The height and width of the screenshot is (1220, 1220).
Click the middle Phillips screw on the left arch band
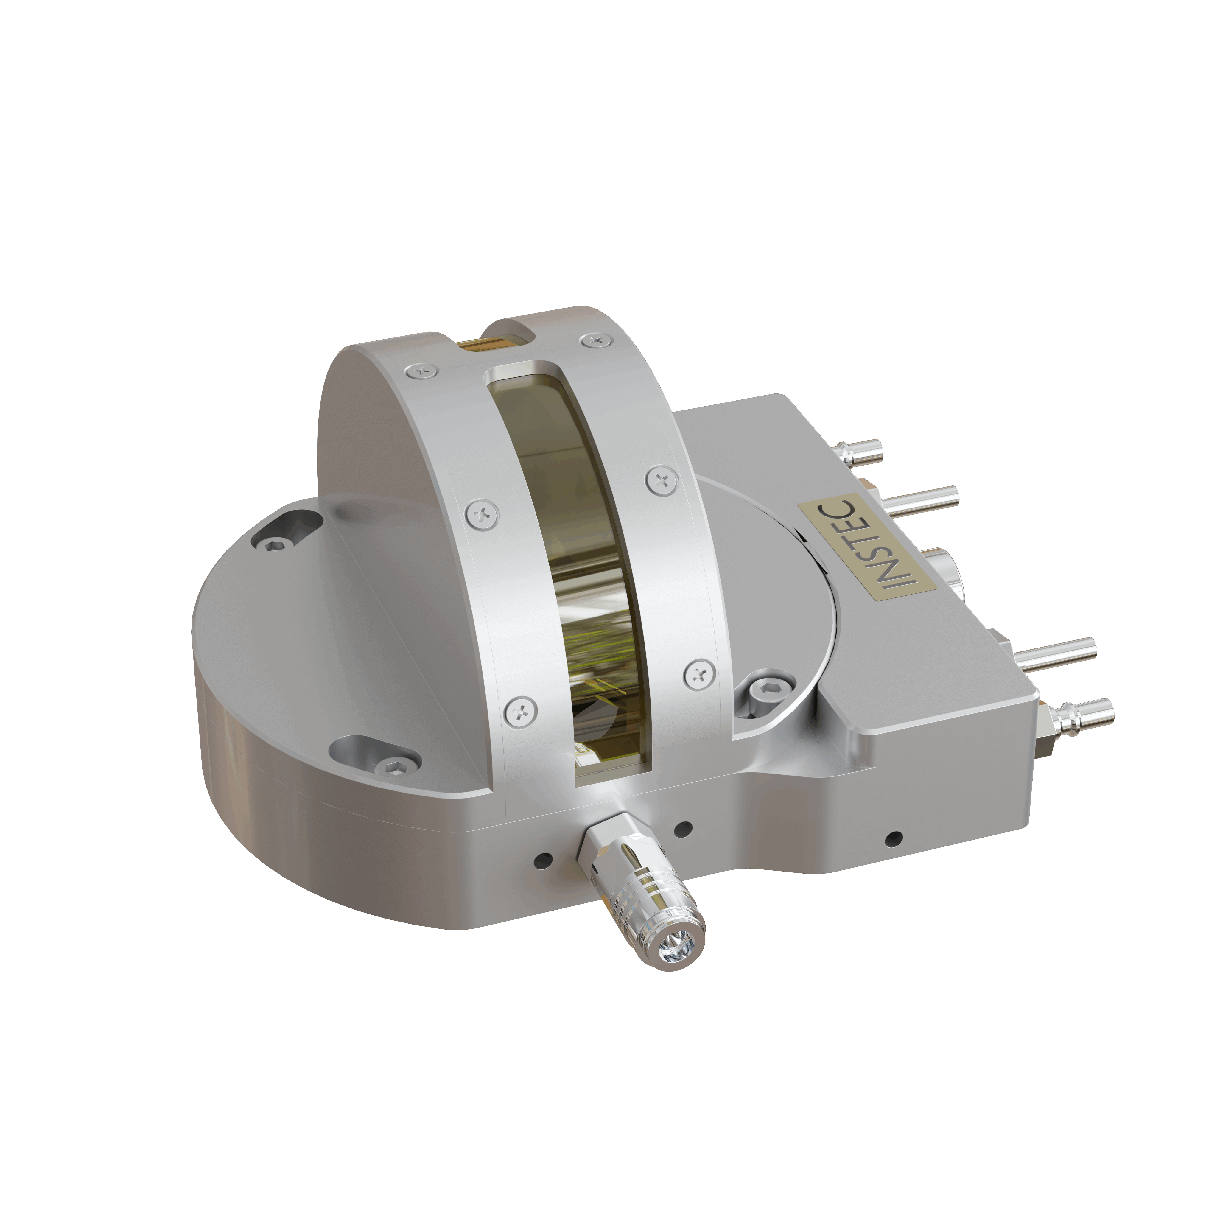(483, 515)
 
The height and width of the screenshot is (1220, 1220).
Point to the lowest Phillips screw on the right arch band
(700, 674)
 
